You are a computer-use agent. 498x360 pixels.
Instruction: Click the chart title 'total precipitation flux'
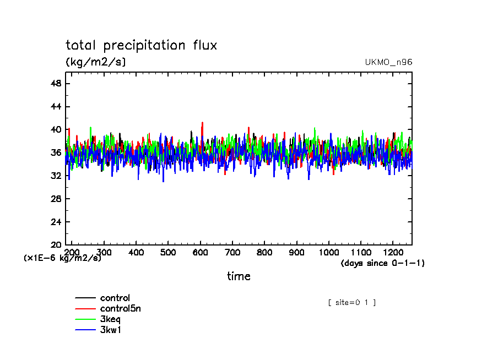[142, 45]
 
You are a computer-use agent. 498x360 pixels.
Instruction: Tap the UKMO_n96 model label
[388, 62]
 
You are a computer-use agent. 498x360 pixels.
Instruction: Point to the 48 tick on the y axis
[56, 83]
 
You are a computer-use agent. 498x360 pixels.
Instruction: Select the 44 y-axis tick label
[56, 106]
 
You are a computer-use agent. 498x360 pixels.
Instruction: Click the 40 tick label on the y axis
[56, 129]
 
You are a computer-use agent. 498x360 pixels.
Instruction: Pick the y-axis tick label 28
[56, 199]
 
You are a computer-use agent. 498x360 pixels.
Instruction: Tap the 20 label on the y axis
[56, 244]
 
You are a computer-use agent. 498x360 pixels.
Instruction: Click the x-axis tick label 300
[104, 252]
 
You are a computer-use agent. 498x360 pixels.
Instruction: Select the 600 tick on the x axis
[200, 252]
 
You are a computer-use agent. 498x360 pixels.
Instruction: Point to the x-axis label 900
[296, 252]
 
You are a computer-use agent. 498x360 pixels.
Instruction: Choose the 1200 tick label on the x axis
[392, 252]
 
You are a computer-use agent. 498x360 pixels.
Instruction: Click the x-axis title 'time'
[239, 276]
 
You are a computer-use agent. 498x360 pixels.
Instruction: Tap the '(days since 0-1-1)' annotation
[383, 263]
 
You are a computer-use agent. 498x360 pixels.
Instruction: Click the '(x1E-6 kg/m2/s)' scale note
[62, 258]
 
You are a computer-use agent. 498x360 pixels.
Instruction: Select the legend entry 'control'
[115, 298]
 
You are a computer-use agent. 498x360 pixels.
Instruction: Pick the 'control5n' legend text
[120, 309]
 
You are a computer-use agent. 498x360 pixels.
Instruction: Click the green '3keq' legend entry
[110, 319]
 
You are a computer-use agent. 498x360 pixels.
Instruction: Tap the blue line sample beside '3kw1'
[85, 330]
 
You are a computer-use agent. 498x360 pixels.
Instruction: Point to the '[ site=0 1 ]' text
[351, 302]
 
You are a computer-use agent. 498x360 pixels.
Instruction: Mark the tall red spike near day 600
[202, 124]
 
